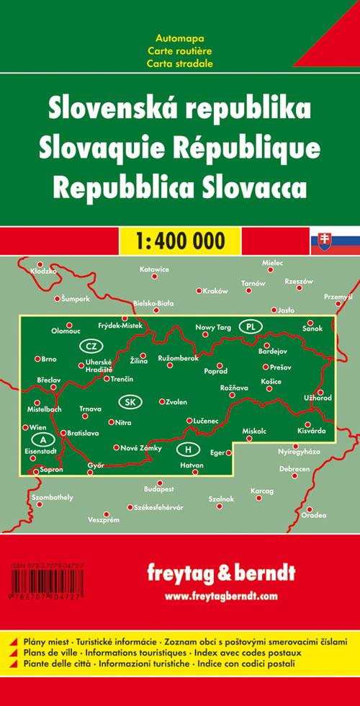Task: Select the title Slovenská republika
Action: click(179, 109)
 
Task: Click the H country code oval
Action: click(188, 450)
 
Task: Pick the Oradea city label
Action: click(314, 515)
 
